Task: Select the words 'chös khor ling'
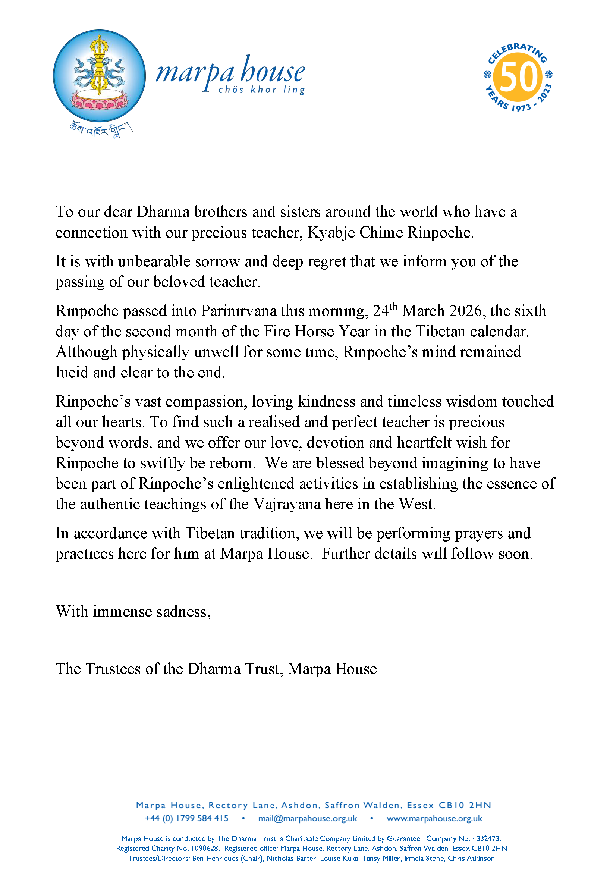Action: tap(261, 90)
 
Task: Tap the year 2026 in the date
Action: tap(465, 311)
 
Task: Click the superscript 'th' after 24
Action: tap(393, 306)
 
